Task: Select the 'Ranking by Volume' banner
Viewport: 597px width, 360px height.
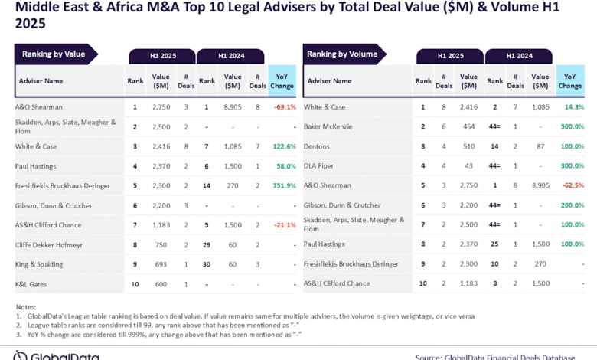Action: [x=341, y=54]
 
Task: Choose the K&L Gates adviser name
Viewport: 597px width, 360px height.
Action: [x=33, y=283]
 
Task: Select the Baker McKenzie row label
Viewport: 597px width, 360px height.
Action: [x=330, y=126]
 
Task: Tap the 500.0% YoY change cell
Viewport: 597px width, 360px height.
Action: [x=570, y=126]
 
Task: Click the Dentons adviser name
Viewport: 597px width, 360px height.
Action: [x=318, y=146]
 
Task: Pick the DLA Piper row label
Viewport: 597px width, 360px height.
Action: [x=320, y=165]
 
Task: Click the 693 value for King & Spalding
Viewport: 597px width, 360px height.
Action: [x=160, y=264]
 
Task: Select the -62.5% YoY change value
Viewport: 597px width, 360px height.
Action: [x=571, y=185]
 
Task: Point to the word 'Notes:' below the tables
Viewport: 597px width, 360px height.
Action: [x=27, y=307]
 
